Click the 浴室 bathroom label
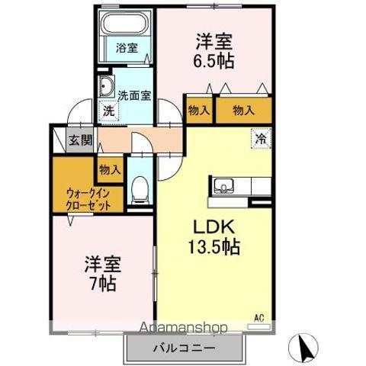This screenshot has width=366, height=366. click(127, 48)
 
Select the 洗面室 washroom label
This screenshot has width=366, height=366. click(134, 96)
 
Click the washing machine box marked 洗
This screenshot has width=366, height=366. click(109, 111)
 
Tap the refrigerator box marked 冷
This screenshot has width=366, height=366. click(261, 140)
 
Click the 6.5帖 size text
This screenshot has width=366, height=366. click(213, 60)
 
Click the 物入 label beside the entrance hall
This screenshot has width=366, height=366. click(110, 169)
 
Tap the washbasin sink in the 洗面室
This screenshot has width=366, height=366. click(105, 86)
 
